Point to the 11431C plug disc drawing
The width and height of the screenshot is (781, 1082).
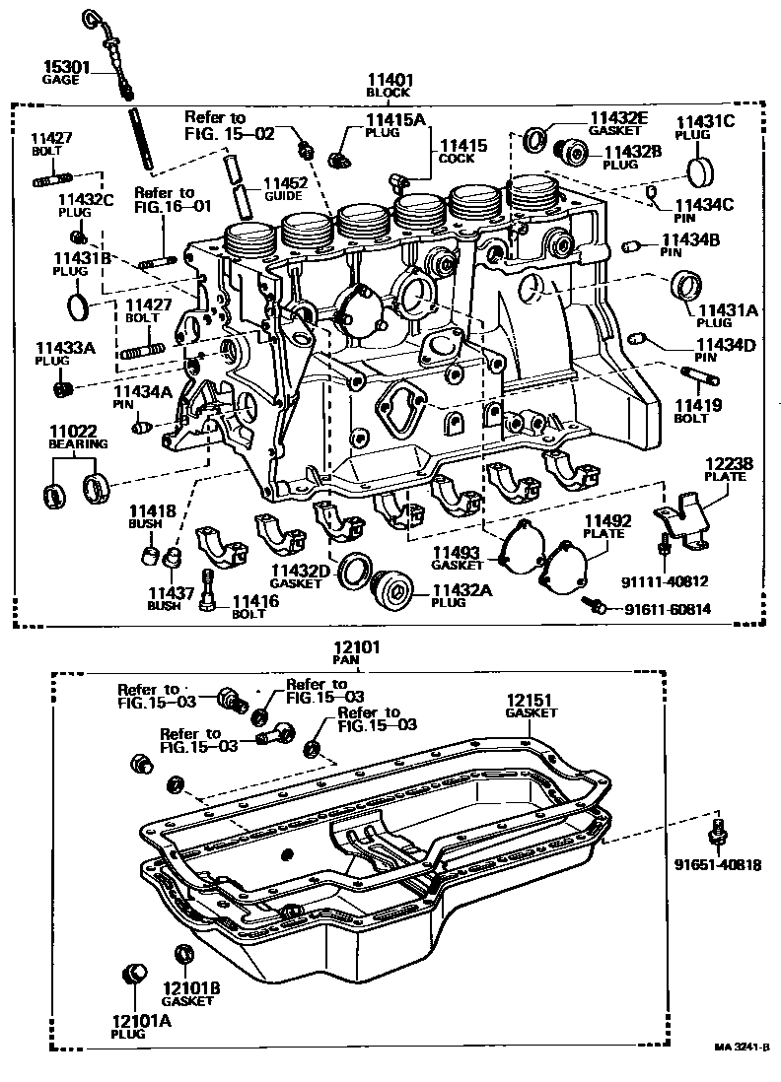coord(698,171)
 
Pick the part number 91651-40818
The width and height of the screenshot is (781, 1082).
coord(717,865)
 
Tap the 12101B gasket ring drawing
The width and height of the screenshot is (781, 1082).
coord(183,954)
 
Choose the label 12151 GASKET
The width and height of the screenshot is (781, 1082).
coord(530,705)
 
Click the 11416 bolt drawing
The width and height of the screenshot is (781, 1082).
coord(207,588)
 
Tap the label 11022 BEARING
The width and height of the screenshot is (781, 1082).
coord(77,438)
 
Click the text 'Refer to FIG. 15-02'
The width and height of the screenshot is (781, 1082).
coord(229,125)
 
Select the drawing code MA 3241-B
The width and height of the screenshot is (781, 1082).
coord(742,1050)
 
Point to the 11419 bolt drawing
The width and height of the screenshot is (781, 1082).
coord(699,376)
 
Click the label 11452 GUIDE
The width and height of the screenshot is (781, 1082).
coord(284,188)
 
